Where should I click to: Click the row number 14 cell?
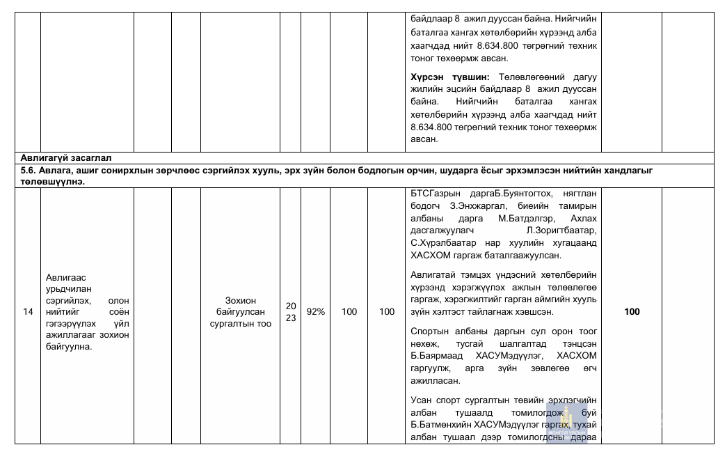click(x=28, y=312)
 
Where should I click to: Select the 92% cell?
click(x=316, y=312)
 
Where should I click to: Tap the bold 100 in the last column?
click(x=632, y=312)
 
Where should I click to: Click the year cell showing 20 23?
click(x=291, y=312)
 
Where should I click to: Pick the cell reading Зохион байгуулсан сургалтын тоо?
click(x=240, y=312)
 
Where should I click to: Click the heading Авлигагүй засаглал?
click(x=67, y=157)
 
